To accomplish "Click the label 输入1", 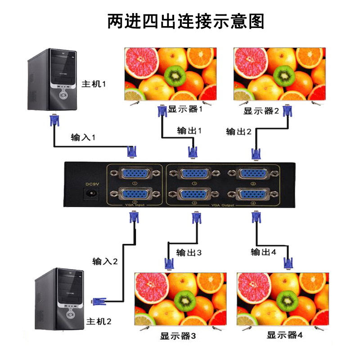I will point(83,137).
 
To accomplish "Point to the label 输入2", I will point(105,261).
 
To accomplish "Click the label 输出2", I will point(239,131).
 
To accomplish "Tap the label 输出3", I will point(189,252).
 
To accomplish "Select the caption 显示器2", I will point(261,111).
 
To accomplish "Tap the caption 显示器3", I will point(178,336).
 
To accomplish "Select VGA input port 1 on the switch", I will point(135,173).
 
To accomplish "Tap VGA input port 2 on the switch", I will point(135,194).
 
